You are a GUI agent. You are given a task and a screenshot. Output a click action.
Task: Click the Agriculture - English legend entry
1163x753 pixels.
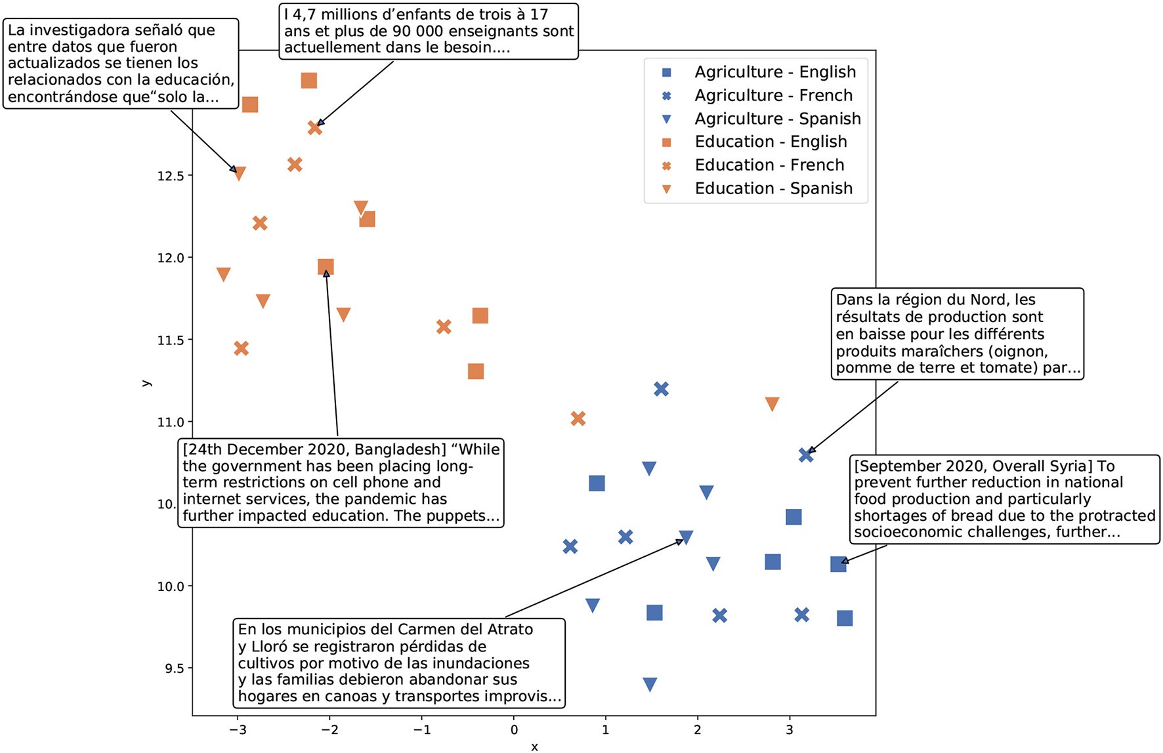tap(774, 72)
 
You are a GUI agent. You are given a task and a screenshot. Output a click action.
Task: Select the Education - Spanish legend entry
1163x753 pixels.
tap(773, 189)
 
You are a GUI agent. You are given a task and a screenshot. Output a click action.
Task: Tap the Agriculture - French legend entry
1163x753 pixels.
tap(773, 96)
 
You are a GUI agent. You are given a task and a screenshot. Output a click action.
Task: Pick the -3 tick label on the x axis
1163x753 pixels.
tap(238, 729)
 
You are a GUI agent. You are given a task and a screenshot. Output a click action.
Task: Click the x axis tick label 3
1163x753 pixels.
tap(790, 729)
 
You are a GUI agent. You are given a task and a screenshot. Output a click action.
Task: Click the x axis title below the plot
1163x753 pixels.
tap(534, 746)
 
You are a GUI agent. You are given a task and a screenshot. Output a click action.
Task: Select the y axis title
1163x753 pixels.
tap(146, 383)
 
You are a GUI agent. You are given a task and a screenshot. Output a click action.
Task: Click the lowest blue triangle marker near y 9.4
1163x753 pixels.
tap(650, 685)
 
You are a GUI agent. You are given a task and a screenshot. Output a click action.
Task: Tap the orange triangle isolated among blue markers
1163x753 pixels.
tap(772, 404)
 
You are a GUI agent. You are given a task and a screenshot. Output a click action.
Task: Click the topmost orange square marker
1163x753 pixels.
tap(309, 81)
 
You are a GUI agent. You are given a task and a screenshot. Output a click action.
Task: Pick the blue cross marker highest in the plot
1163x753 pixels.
tap(661, 389)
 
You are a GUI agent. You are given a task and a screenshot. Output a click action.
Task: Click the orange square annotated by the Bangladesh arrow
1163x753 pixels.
tap(326, 267)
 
